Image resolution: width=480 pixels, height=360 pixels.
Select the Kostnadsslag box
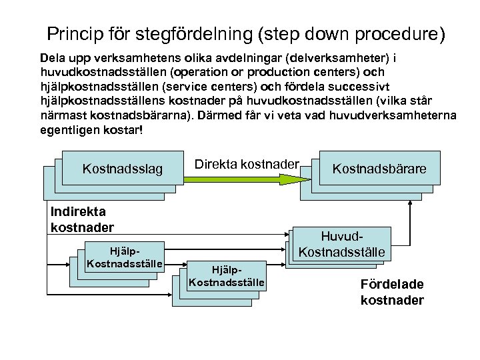click(123, 169)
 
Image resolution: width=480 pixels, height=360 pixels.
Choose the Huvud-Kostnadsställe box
click(343, 245)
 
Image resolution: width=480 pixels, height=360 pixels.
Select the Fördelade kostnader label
click(392, 292)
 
